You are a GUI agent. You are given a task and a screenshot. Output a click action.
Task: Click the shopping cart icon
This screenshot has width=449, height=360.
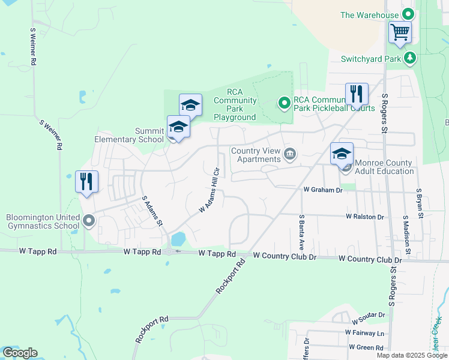point(399,31)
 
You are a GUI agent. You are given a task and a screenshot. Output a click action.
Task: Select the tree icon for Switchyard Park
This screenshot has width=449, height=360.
point(410,58)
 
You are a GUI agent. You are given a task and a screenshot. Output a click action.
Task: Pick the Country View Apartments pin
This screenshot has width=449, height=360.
point(290,154)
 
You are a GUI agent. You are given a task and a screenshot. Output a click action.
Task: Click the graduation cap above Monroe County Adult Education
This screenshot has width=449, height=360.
point(342,153)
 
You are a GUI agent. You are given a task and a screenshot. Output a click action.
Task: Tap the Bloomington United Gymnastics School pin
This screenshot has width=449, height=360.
point(89,221)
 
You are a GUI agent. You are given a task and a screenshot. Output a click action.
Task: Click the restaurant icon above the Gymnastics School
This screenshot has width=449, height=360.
point(86,182)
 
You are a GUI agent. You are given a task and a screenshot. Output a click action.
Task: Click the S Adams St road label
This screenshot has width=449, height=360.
point(152,210)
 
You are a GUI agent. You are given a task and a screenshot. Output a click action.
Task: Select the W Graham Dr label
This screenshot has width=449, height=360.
point(322,190)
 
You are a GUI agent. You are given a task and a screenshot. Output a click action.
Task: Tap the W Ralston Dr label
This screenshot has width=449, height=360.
point(364,216)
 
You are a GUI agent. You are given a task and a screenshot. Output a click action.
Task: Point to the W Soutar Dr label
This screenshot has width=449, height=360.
point(365,315)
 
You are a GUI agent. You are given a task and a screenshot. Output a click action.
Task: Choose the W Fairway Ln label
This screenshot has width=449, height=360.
point(364,332)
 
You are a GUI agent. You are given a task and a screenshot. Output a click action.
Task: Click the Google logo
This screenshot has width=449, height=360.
point(20,353)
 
